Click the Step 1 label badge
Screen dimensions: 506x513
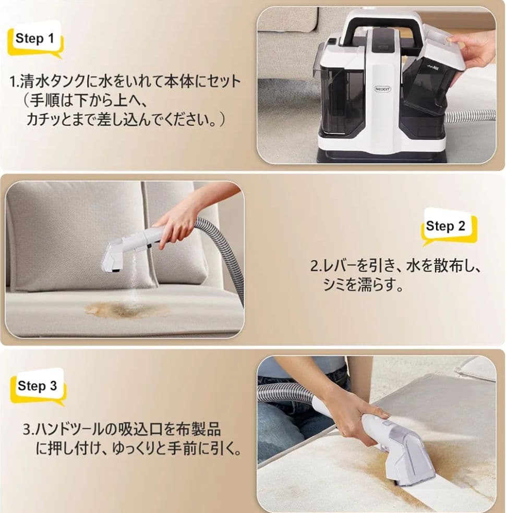(35, 39)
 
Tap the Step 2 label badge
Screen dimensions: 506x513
(449, 226)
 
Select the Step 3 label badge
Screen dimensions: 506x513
(38, 386)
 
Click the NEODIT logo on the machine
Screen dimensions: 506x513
(382, 89)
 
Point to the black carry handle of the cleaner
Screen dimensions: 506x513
(383, 26)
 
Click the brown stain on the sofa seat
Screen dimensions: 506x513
(127, 310)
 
